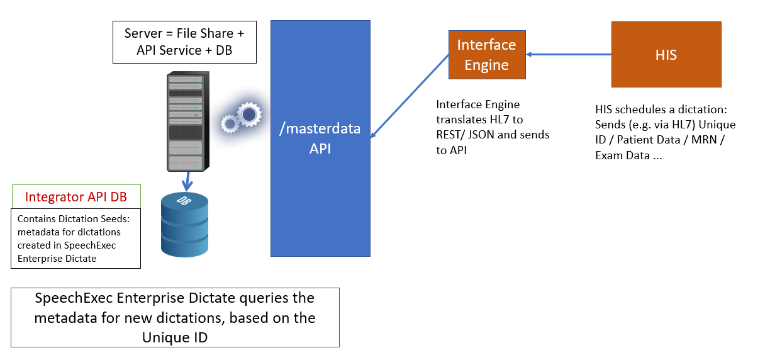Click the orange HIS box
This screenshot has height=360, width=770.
click(666, 55)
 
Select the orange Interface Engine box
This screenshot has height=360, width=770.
click(486, 55)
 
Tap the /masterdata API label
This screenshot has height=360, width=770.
click(320, 138)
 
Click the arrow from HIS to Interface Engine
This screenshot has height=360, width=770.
click(569, 55)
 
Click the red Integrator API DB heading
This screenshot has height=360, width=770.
click(75, 197)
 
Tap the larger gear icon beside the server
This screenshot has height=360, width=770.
click(248, 113)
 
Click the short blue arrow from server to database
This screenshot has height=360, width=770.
click(186, 181)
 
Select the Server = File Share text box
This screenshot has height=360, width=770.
click(184, 42)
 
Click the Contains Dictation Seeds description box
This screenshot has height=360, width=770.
click(75, 239)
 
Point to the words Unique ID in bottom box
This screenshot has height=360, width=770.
click(175, 337)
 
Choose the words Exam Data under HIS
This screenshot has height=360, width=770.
click(623, 155)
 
